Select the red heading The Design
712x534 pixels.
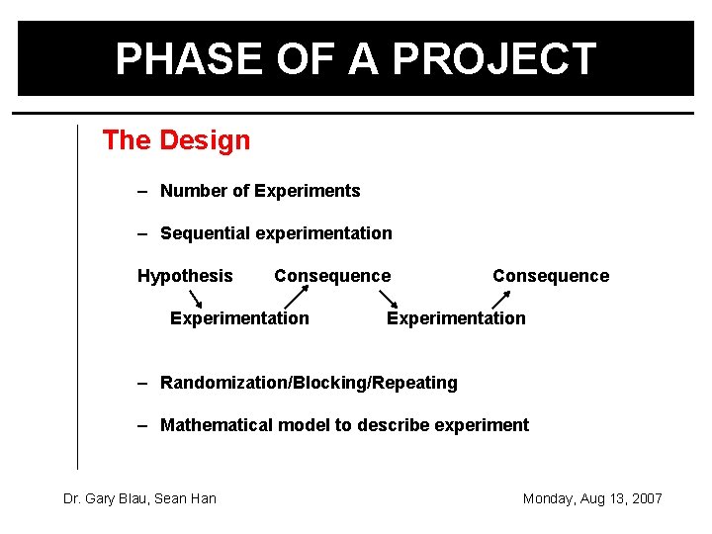176,140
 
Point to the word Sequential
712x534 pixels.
205,233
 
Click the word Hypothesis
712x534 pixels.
185,276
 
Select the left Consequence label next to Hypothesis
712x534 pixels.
332,276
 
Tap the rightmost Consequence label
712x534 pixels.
551,276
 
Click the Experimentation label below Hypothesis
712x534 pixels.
239,317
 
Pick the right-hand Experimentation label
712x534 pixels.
456,317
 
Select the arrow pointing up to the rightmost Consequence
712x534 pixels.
501,297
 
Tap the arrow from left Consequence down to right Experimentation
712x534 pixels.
385,297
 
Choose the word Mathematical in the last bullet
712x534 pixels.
216,425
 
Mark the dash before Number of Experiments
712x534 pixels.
142,191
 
